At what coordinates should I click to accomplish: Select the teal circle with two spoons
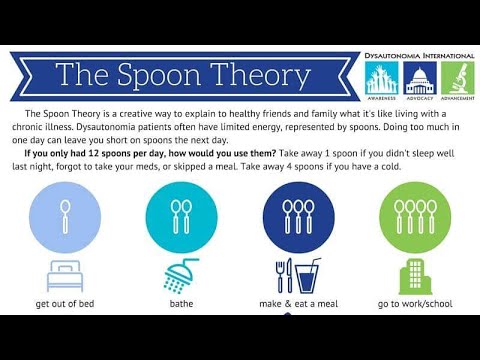[x=181, y=211]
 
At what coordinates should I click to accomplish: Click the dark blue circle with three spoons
[x=298, y=211]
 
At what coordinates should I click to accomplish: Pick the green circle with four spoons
[x=412, y=211]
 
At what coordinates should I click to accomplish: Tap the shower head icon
[x=180, y=273]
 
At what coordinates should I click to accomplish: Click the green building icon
[x=412, y=273]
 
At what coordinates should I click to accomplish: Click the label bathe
[x=181, y=302]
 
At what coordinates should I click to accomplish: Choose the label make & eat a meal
[x=298, y=302]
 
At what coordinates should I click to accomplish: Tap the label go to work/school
[x=412, y=302]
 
